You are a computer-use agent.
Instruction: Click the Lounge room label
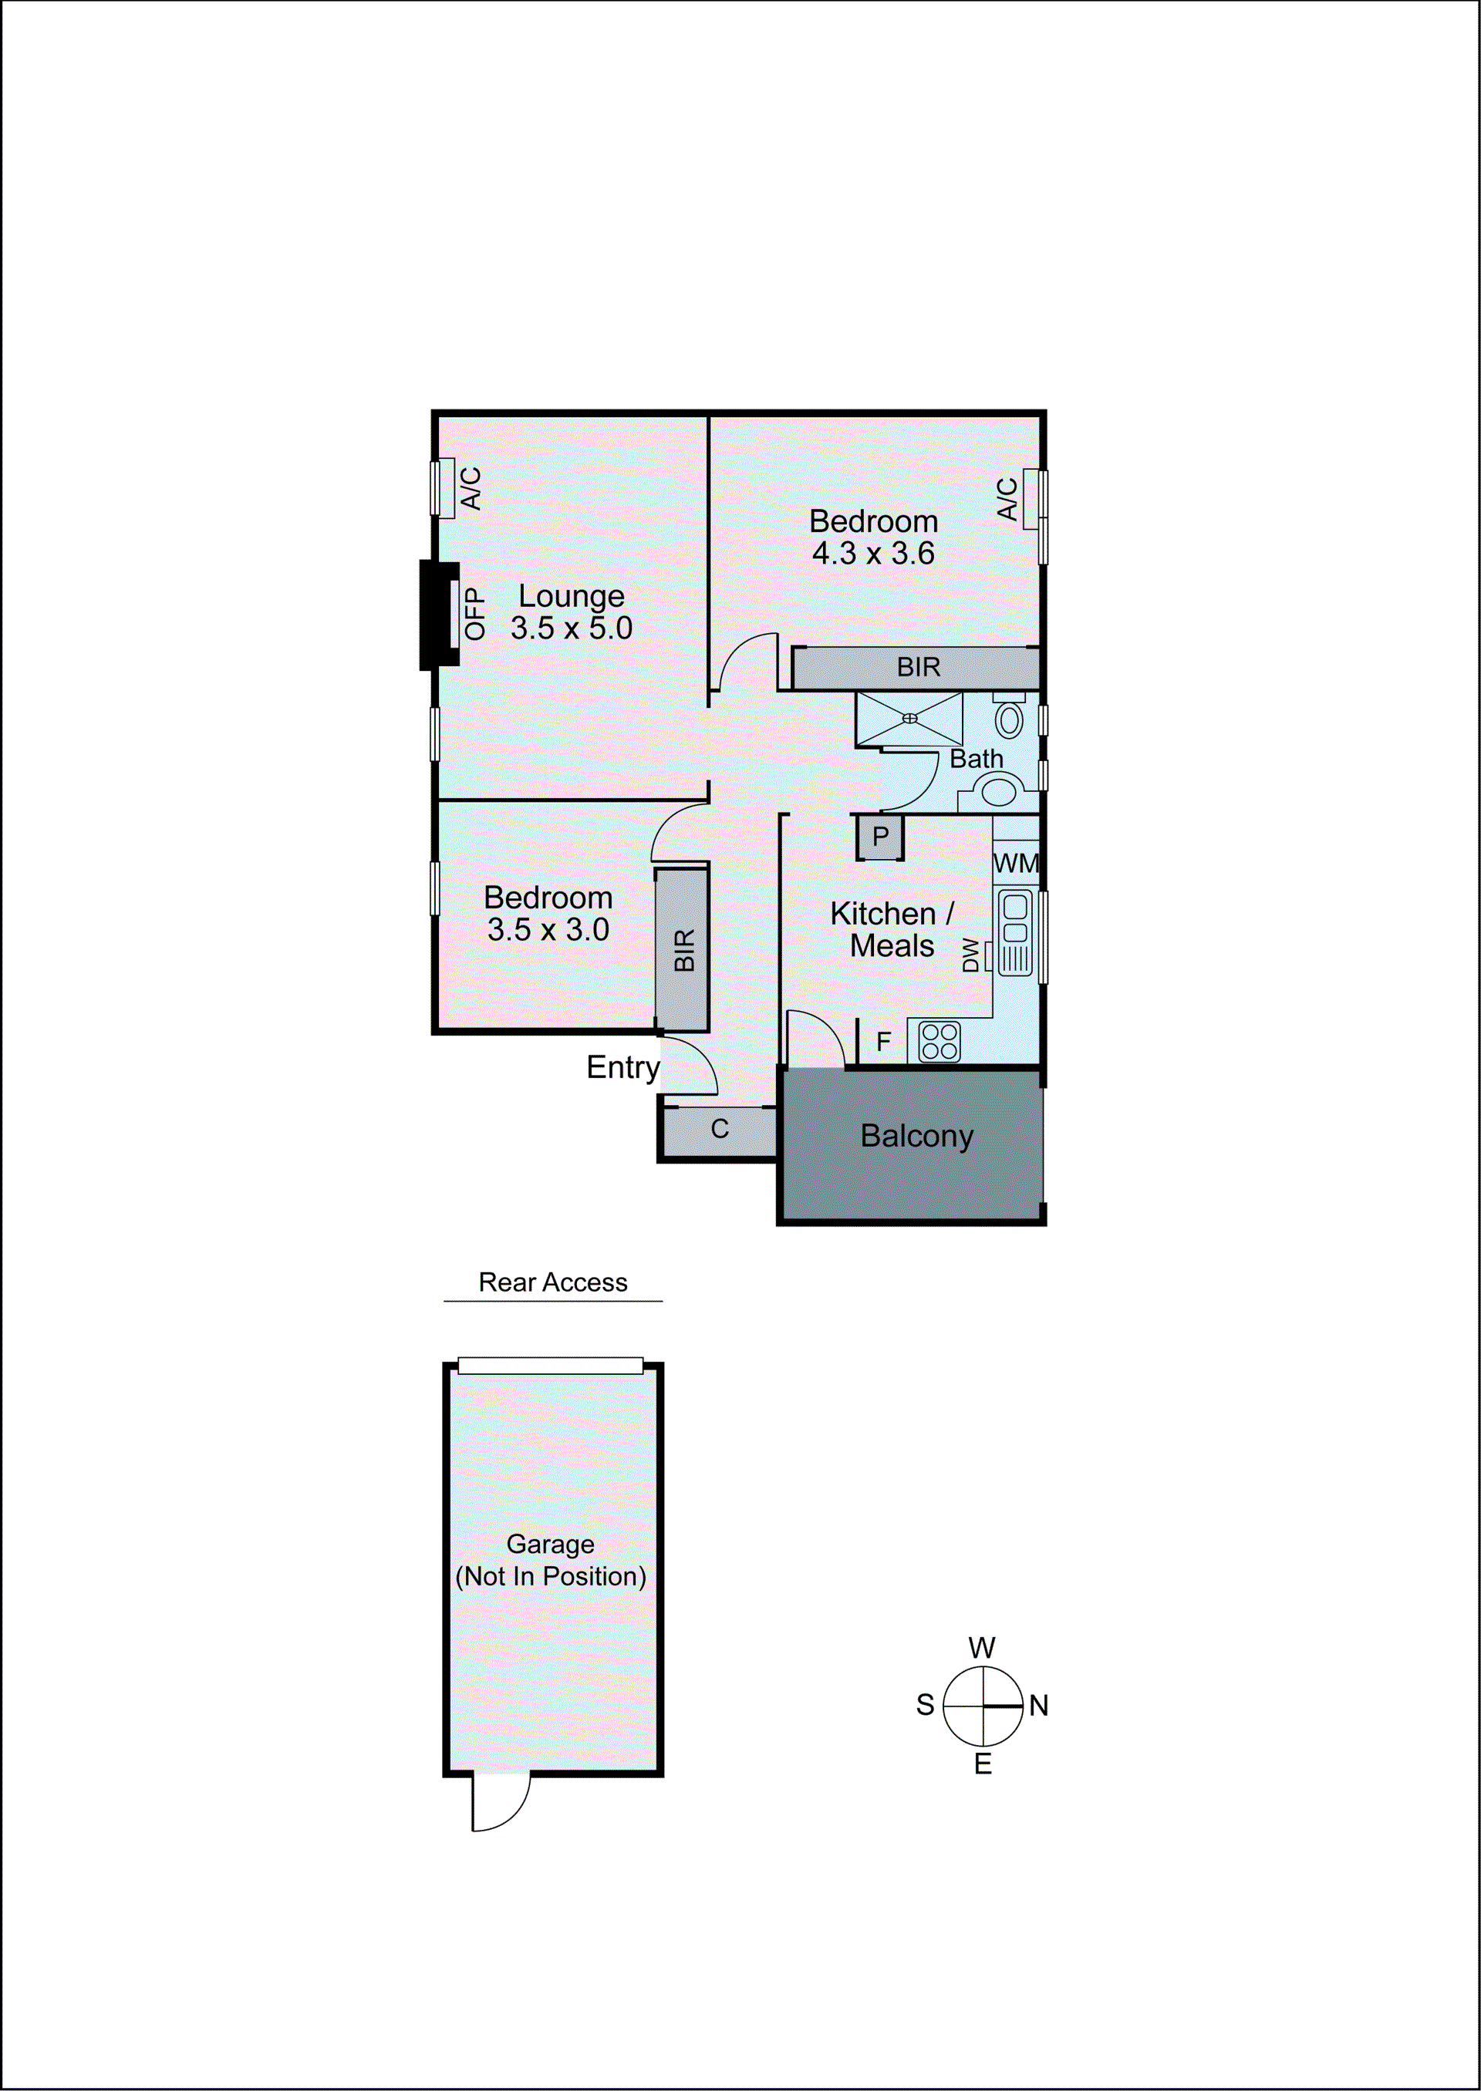pos(571,596)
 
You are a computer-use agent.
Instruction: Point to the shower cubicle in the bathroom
pos(909,719)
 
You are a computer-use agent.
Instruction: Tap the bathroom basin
pos(999,790)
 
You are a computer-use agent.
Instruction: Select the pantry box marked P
pos(880,837)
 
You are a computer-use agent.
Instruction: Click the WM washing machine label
pos(1015,862)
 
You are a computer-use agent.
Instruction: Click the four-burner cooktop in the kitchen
pos(940,1042)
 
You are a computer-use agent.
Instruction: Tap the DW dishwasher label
pos(970,955)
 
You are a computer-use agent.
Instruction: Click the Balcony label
pos(916,1136)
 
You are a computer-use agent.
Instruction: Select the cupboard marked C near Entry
pos(720,1130)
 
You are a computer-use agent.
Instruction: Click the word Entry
pos(622,1067)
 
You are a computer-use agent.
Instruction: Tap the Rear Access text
pos(552,1282)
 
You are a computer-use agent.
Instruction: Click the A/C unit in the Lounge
pos(444,489)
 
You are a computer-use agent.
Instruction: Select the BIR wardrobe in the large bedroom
pos(916,667)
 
